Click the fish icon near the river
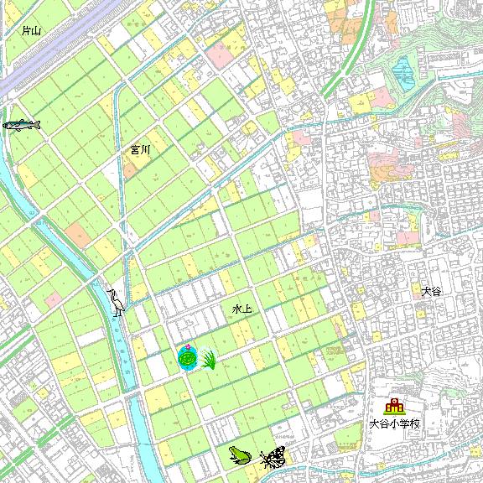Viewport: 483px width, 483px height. (22, 125)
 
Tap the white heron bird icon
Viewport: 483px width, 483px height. (116, 303)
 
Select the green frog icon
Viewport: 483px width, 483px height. (239, 454)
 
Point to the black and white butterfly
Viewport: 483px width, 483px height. (273, 457)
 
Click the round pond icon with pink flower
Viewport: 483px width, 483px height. (188, 358)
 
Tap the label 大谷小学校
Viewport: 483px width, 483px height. (393, 423)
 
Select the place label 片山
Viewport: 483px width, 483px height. (32, 31)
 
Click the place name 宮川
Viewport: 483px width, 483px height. (139, 150)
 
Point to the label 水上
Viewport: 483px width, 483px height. (241, 309)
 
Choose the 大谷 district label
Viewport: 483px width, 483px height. (431, 292)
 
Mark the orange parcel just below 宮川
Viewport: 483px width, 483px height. (131, 166)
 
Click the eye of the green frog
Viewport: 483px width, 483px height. (234, 451)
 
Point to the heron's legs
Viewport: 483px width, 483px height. (119, 312)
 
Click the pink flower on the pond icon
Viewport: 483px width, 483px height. (190, 348)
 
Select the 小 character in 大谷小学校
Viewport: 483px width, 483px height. (393, 423)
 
